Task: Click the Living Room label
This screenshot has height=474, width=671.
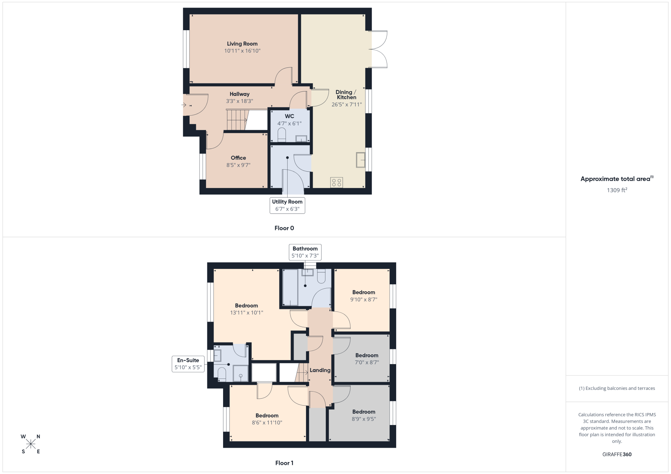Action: coord(242,44)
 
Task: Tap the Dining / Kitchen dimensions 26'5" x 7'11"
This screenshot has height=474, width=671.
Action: coord(347,105)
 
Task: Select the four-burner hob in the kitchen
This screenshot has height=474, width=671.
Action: coord(337,182)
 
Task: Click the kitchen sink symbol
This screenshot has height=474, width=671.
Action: coord(361,160)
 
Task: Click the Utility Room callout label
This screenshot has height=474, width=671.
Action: coord(287,205)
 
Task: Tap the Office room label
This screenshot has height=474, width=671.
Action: coord(238,158)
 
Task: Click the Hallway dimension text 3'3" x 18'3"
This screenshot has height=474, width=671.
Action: coord(240,101)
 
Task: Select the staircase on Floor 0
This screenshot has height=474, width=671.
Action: coord(237,120)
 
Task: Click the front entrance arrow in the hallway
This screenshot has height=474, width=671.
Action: coord(184,105)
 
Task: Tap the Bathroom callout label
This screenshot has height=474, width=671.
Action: coord(305,252)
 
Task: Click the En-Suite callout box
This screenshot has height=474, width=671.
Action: coord(188,364)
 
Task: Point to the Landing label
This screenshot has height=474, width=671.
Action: coord(320,370)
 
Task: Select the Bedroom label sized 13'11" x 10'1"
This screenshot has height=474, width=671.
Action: coord(247,306)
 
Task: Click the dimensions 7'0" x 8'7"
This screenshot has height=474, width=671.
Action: coord(367,362)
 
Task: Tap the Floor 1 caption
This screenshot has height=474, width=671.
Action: coord(284,463)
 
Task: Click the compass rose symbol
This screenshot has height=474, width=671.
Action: coord(31,444)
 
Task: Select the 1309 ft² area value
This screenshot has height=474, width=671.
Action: coord(617,190)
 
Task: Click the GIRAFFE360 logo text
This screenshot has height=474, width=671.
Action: coord(617,455)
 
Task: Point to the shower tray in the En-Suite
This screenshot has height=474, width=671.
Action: coord(241,373)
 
